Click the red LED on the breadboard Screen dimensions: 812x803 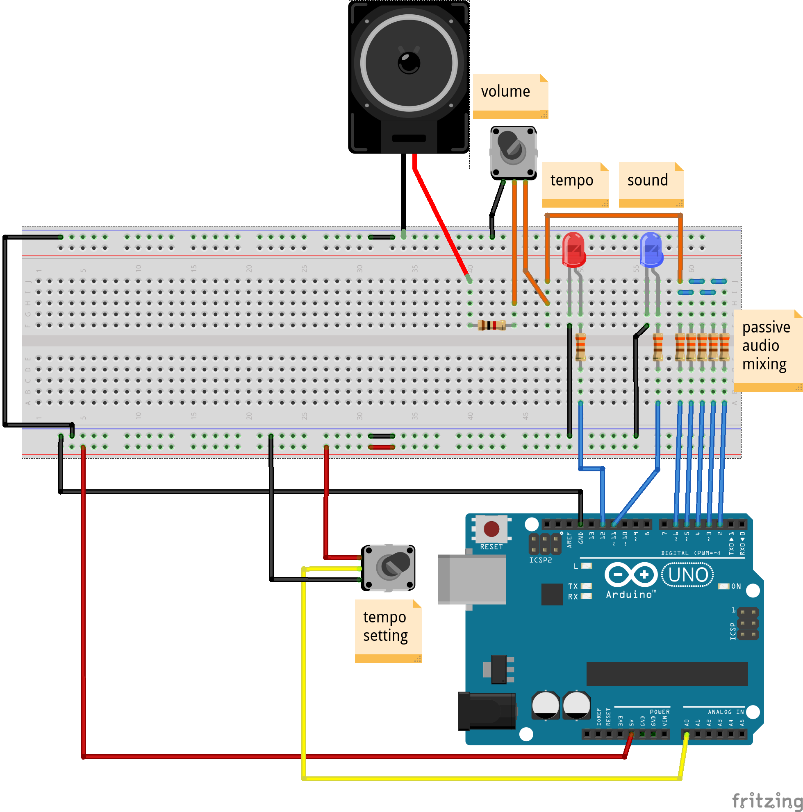click(x=574, y=250)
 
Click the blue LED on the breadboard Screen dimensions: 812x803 click(x=651, y=250)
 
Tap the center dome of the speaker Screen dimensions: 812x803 click(x=409, y=63)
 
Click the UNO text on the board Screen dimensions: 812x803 click(x=688, y=575)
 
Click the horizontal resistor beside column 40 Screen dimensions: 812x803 click(x=491, y=325)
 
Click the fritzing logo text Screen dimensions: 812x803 click(x=767, y=801)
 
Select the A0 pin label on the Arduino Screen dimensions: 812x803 click(x=687, y=722)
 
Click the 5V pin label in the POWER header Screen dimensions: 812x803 click(x=631, y=722)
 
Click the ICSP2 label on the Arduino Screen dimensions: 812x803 click(x=540, y=560)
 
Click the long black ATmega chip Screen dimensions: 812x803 click(x=667, y=674)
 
